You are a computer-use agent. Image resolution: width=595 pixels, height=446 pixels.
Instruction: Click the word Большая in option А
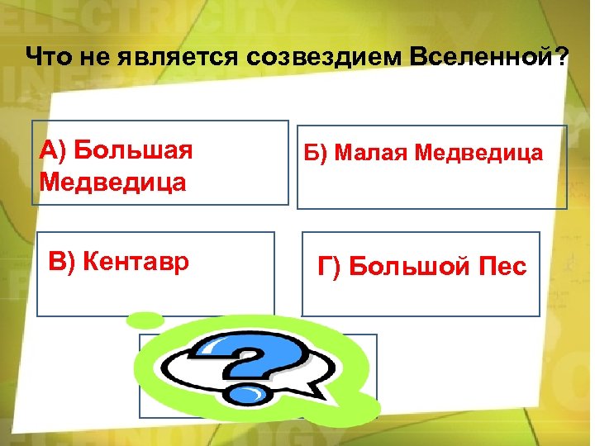133,151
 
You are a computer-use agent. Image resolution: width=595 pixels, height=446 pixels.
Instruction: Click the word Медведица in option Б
479,153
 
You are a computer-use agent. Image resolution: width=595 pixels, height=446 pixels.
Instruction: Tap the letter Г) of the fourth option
329,267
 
